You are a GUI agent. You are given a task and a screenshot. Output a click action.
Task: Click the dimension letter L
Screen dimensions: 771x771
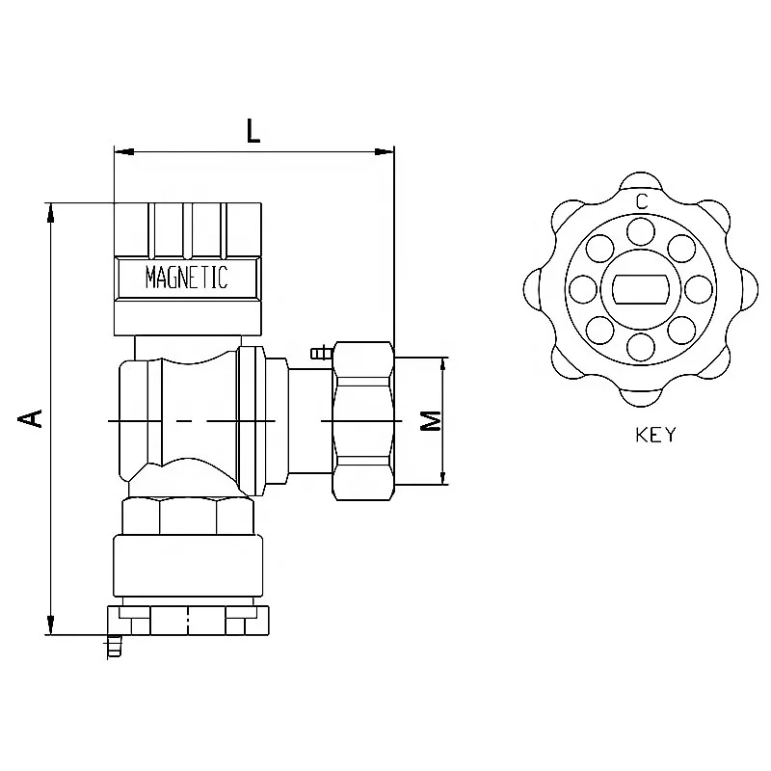pos(253,130)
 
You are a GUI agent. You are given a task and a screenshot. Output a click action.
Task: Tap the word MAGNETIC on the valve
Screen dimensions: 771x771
pos(186,279)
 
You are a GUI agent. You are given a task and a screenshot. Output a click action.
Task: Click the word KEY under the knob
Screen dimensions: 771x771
pos(655,435)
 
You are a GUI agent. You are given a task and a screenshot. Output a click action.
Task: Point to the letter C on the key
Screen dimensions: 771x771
pos(641,200)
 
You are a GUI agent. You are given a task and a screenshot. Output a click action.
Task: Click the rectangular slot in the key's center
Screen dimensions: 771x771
pos(641,288)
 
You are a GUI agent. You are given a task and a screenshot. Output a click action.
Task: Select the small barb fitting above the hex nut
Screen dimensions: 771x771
pos(320,354)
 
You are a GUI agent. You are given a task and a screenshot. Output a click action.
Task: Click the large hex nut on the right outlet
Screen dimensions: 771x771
pos(363,420)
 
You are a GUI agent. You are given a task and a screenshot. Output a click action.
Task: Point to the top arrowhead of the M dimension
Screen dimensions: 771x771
pos(443,365)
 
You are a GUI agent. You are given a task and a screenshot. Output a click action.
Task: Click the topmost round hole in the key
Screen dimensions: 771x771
pos(641,231)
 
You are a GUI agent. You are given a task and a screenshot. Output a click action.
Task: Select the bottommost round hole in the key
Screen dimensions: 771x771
pos(641,345)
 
